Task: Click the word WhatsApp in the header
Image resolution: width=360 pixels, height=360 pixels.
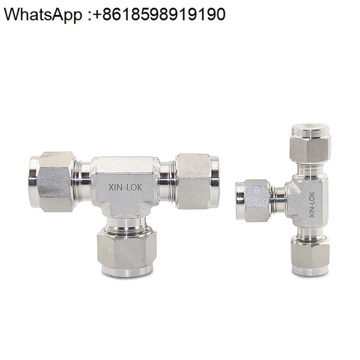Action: [x=43, y=15]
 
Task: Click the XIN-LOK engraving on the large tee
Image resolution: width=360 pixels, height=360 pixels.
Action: [x=126, y=187]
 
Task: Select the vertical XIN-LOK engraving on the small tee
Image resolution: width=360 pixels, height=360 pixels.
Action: [x=312, y=205]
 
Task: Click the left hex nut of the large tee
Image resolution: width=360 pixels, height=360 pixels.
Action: [x=55, y=182]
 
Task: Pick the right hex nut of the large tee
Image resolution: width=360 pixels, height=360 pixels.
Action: [x=194, y=181]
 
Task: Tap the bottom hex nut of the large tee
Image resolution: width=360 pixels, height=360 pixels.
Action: [x=127, y=249]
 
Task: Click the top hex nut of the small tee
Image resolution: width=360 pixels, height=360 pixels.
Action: [x=310, y=148]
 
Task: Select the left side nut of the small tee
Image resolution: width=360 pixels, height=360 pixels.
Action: [x=256, y=200]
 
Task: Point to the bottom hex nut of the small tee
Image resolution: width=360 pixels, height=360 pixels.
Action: [x=310, y=253]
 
